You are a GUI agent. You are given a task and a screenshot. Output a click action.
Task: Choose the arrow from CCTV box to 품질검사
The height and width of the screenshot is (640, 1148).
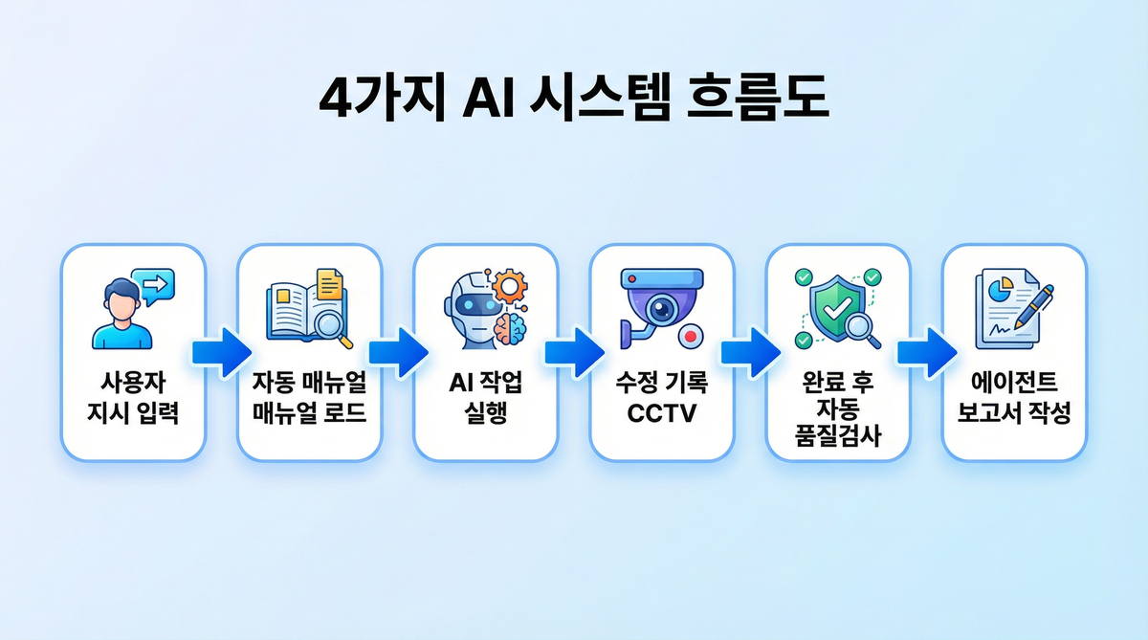pos(749,352)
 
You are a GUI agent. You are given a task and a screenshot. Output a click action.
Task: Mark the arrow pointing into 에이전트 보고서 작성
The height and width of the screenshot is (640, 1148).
pos(925,352)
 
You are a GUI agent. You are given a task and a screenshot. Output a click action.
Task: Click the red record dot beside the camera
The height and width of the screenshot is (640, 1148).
pos(690,336)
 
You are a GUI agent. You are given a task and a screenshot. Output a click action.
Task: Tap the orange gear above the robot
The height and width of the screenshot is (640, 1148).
pos(510,284)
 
